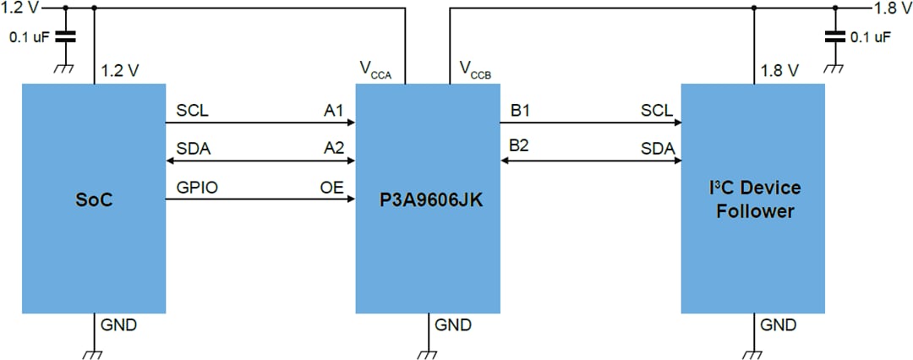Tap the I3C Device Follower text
[754, 199]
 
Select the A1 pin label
[334, 111]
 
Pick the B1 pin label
[519, 111]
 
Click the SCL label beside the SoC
[192, 111]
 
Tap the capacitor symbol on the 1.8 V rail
[836, 36]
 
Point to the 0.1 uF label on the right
[871, 37]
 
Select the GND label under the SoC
[118, 325]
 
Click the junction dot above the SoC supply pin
[93, 8]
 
